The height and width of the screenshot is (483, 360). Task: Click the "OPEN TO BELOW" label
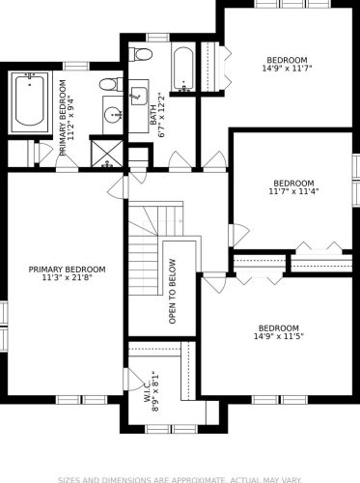173,292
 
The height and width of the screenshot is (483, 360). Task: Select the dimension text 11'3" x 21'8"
68,277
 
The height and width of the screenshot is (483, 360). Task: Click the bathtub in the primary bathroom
30,102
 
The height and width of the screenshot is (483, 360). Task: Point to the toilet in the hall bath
141,54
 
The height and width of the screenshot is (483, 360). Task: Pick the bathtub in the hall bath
183,69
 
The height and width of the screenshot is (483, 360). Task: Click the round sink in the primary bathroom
113,114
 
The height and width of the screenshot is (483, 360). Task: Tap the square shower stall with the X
106,154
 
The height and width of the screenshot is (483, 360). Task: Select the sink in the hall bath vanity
139,96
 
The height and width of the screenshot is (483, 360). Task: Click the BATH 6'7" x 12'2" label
158,115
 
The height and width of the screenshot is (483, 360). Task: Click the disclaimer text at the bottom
180,479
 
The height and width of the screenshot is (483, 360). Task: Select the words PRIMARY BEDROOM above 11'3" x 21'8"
67,270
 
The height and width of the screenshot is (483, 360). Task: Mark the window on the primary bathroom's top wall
76,66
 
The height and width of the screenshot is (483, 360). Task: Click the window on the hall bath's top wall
158,38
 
